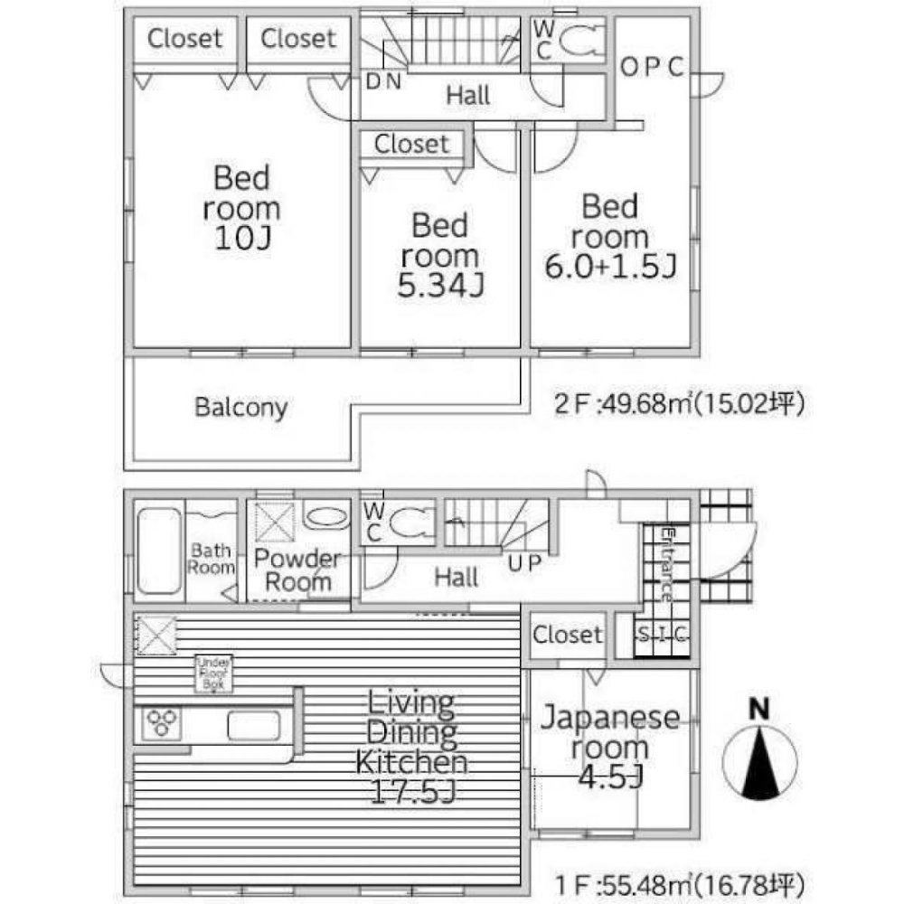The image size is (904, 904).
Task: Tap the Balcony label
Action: [x=240, y=407]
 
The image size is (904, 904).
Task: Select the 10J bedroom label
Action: [x=241, y=207]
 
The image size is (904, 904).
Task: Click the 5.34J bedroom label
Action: [x=440, y=255]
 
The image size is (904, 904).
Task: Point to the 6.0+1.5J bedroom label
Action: [x=609, y=237]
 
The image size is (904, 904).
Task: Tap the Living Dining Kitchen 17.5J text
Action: [x=411, y=748]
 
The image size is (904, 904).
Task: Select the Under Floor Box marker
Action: [x=214, y=673]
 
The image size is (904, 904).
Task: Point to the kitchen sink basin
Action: [x=252, y=725]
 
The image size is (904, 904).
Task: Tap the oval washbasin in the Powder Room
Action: [x=323, y=518]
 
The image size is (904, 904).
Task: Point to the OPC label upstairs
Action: [x=651, y=69]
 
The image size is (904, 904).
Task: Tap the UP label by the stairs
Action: [x=523, y=564]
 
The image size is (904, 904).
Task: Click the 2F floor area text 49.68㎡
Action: [x=679, y=404]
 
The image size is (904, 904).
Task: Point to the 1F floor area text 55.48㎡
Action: [x=679, y=882]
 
